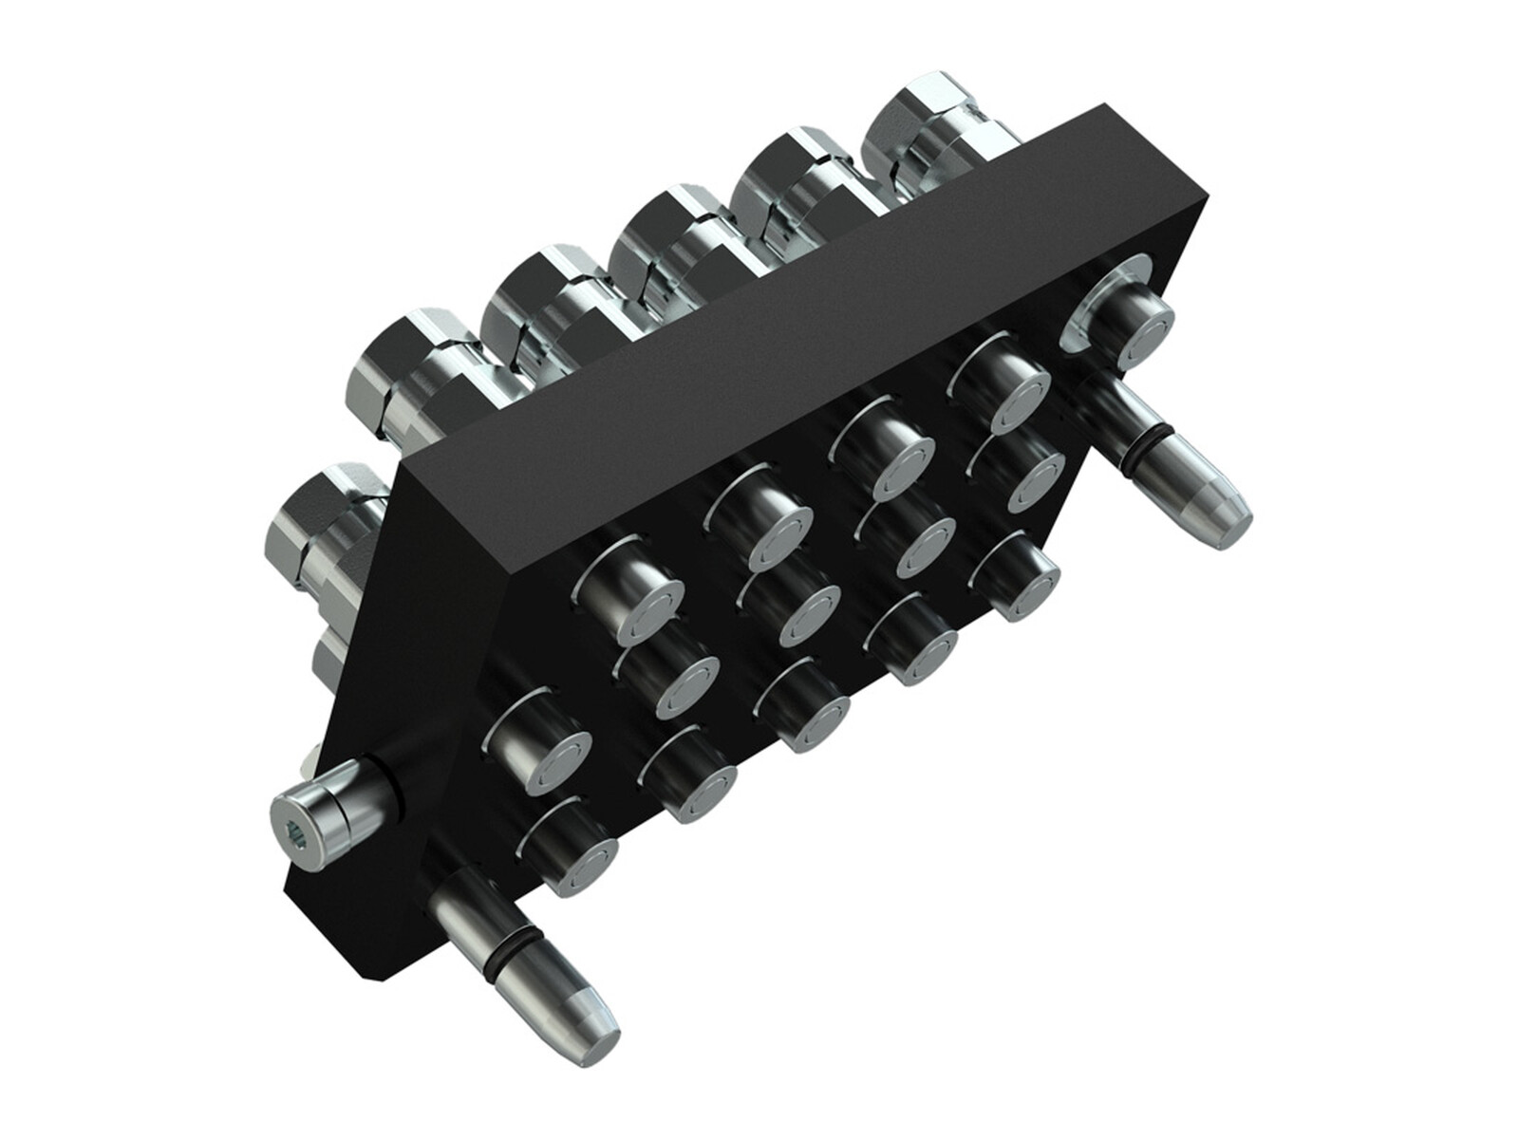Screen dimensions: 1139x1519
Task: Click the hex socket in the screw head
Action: point(297,832)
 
